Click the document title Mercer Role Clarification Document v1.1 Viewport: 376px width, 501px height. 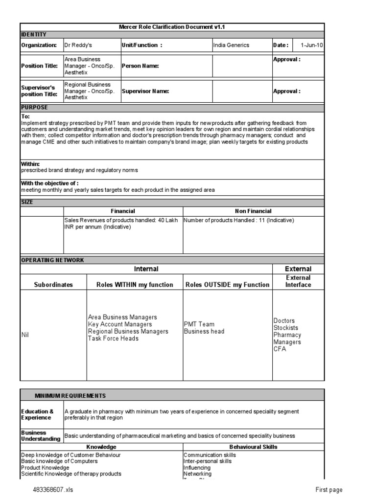point(172,27)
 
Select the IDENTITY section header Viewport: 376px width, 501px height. point(34,34)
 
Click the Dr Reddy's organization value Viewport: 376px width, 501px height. point(78,45)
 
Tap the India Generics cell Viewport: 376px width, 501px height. point(231,45)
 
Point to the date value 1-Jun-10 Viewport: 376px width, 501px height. point(311,45)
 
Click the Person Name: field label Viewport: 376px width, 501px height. point(140,66)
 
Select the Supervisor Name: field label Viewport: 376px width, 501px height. point(145,91)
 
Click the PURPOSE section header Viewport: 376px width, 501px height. point(34,107)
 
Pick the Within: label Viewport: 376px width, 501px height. point(30,164)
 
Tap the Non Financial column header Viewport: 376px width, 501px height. point(253,211)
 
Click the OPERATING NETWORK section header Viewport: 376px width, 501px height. point(52,260)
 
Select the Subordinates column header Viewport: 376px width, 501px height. point(53,285)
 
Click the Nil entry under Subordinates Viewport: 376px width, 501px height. point(25,335)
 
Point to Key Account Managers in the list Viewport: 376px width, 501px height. point(120,324)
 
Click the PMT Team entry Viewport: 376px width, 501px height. point(199,324)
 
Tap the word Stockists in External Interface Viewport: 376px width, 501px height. point(285,328)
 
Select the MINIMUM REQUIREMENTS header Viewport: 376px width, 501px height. point(70,395)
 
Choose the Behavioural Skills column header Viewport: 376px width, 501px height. point(253,447)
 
